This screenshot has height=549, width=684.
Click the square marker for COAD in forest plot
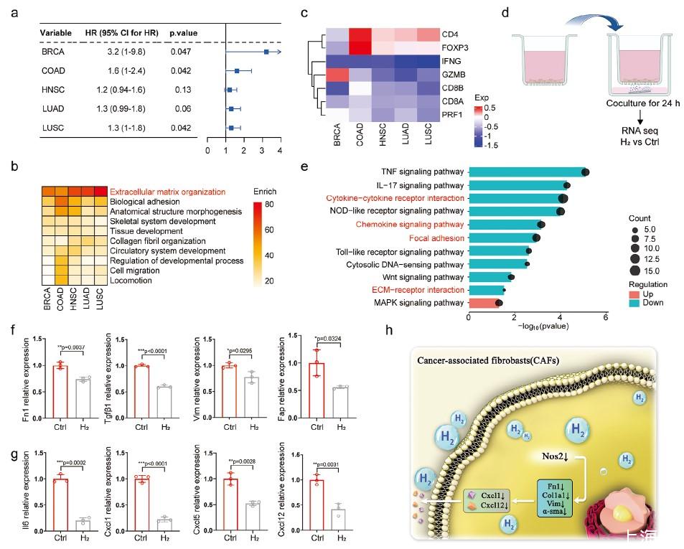[x=237, y=71]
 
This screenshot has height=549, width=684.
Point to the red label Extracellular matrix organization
[x=168, y=192]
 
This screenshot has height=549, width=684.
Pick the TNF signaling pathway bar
[x=528, y=172]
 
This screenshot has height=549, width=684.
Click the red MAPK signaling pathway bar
[x=482, y=304]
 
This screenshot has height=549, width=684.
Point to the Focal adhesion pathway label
[x=437, y=238]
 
